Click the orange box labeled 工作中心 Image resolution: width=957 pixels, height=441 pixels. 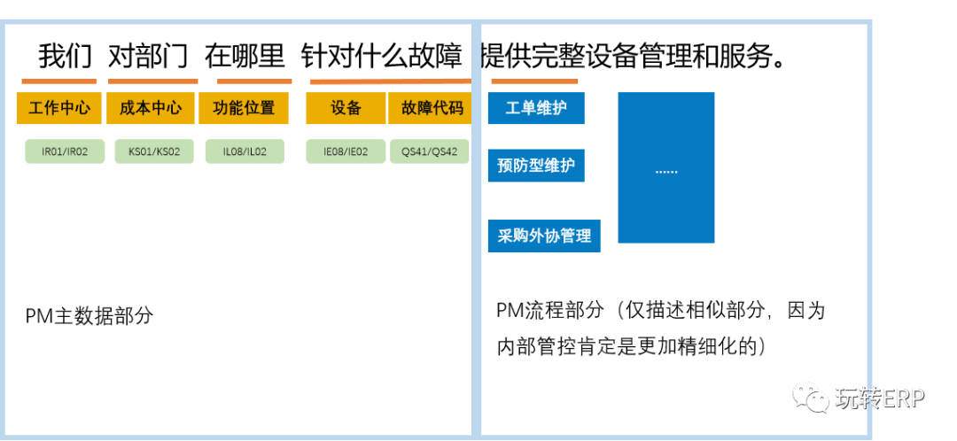(58, 108)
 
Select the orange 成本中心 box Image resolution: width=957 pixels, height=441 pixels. (151, 108)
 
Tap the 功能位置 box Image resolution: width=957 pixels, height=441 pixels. (244, 108)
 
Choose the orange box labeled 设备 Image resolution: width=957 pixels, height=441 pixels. (346, 108)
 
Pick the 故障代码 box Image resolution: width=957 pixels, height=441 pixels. (431, 108)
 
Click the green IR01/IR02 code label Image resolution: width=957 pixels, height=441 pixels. (65, 151)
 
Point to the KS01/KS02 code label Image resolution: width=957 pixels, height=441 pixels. (154, 151)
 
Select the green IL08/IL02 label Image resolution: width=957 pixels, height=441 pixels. (245, 151)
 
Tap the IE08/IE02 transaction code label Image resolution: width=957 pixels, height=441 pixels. (346, 151)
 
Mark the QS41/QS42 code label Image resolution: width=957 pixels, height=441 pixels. (430, 151)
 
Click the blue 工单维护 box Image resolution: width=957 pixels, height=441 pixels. (535, 108)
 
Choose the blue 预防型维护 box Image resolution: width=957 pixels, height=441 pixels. (535, 165)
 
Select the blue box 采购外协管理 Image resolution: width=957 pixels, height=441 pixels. (543, 236)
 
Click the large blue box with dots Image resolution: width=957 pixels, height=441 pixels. (665, 167)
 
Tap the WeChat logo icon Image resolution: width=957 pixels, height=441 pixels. (810, 397)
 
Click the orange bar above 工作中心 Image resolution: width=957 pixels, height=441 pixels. (58, 81)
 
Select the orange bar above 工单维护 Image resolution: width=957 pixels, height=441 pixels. (534, 81)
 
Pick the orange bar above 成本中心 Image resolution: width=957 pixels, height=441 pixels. (152, 81)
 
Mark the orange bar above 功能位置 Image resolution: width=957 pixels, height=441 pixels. (254, 81)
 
